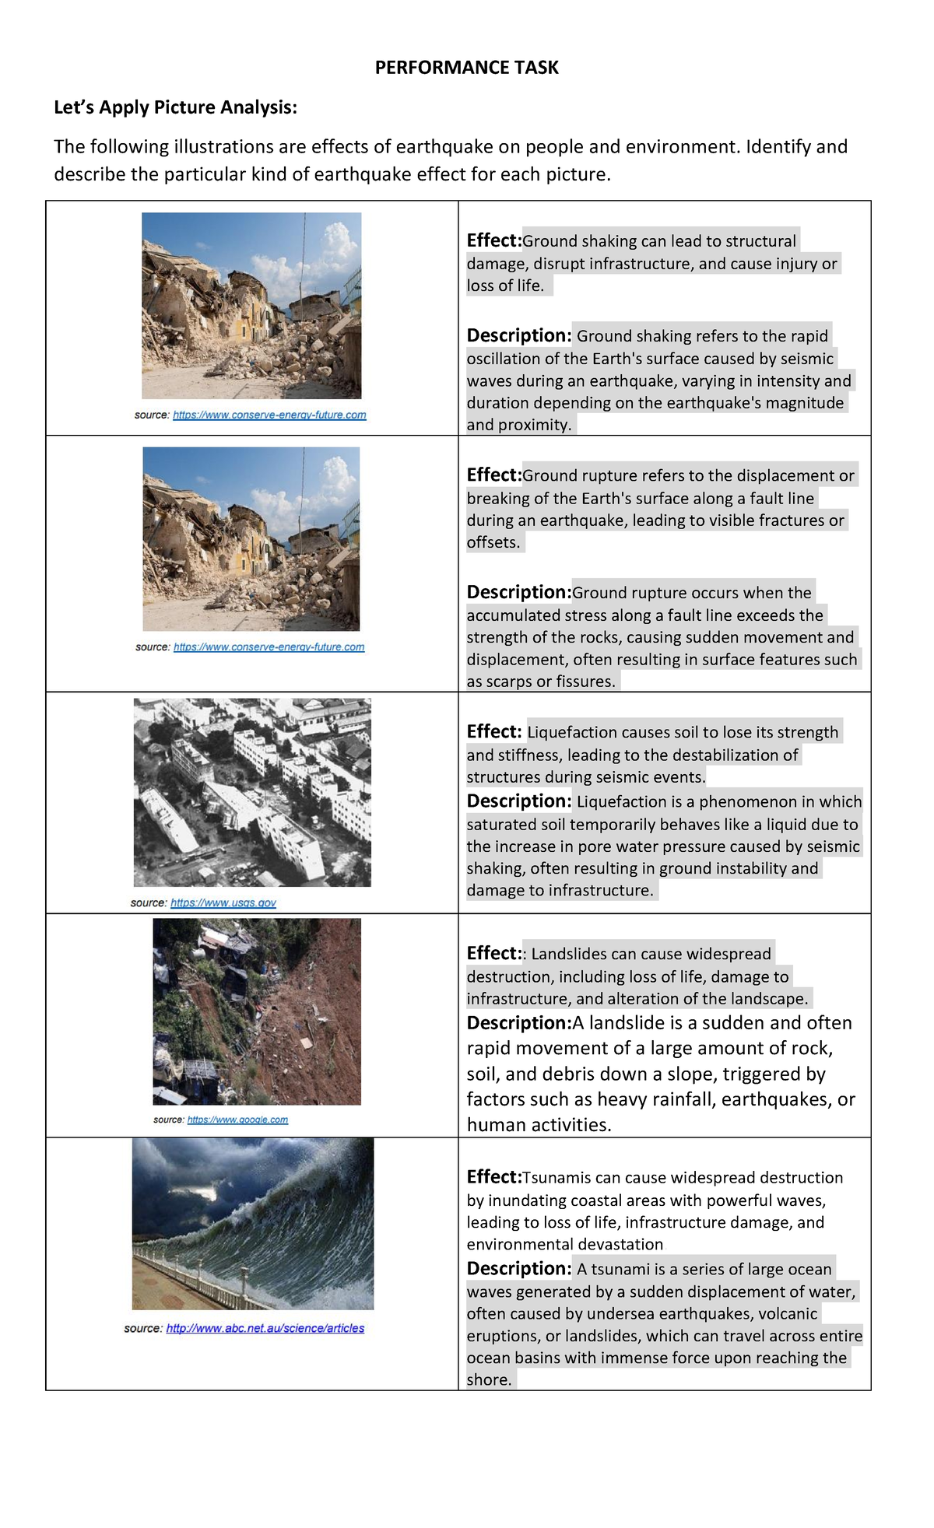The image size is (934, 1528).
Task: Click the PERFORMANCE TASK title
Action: click(466, 68)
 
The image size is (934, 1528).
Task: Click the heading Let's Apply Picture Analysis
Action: click(175, 107)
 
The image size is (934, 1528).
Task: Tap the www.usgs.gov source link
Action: click(223, 902)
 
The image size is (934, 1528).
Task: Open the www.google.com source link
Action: click(237, 1120)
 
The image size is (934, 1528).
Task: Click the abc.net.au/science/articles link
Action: click(265, 1328)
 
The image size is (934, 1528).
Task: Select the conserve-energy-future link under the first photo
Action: click(269, 415)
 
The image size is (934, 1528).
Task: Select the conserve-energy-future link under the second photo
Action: click(269, 647)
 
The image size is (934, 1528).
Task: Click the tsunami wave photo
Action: click(253, 1223)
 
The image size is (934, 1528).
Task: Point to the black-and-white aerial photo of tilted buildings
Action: click(252, 792)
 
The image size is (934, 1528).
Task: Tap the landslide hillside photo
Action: click(257, 1011)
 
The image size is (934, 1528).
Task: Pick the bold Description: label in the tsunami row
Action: click(519, 1268)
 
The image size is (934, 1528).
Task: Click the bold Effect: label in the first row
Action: click(493, 240)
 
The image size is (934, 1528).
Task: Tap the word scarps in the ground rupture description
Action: click(509, 682)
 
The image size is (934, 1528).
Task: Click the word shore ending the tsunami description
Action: click(489, 1379)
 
